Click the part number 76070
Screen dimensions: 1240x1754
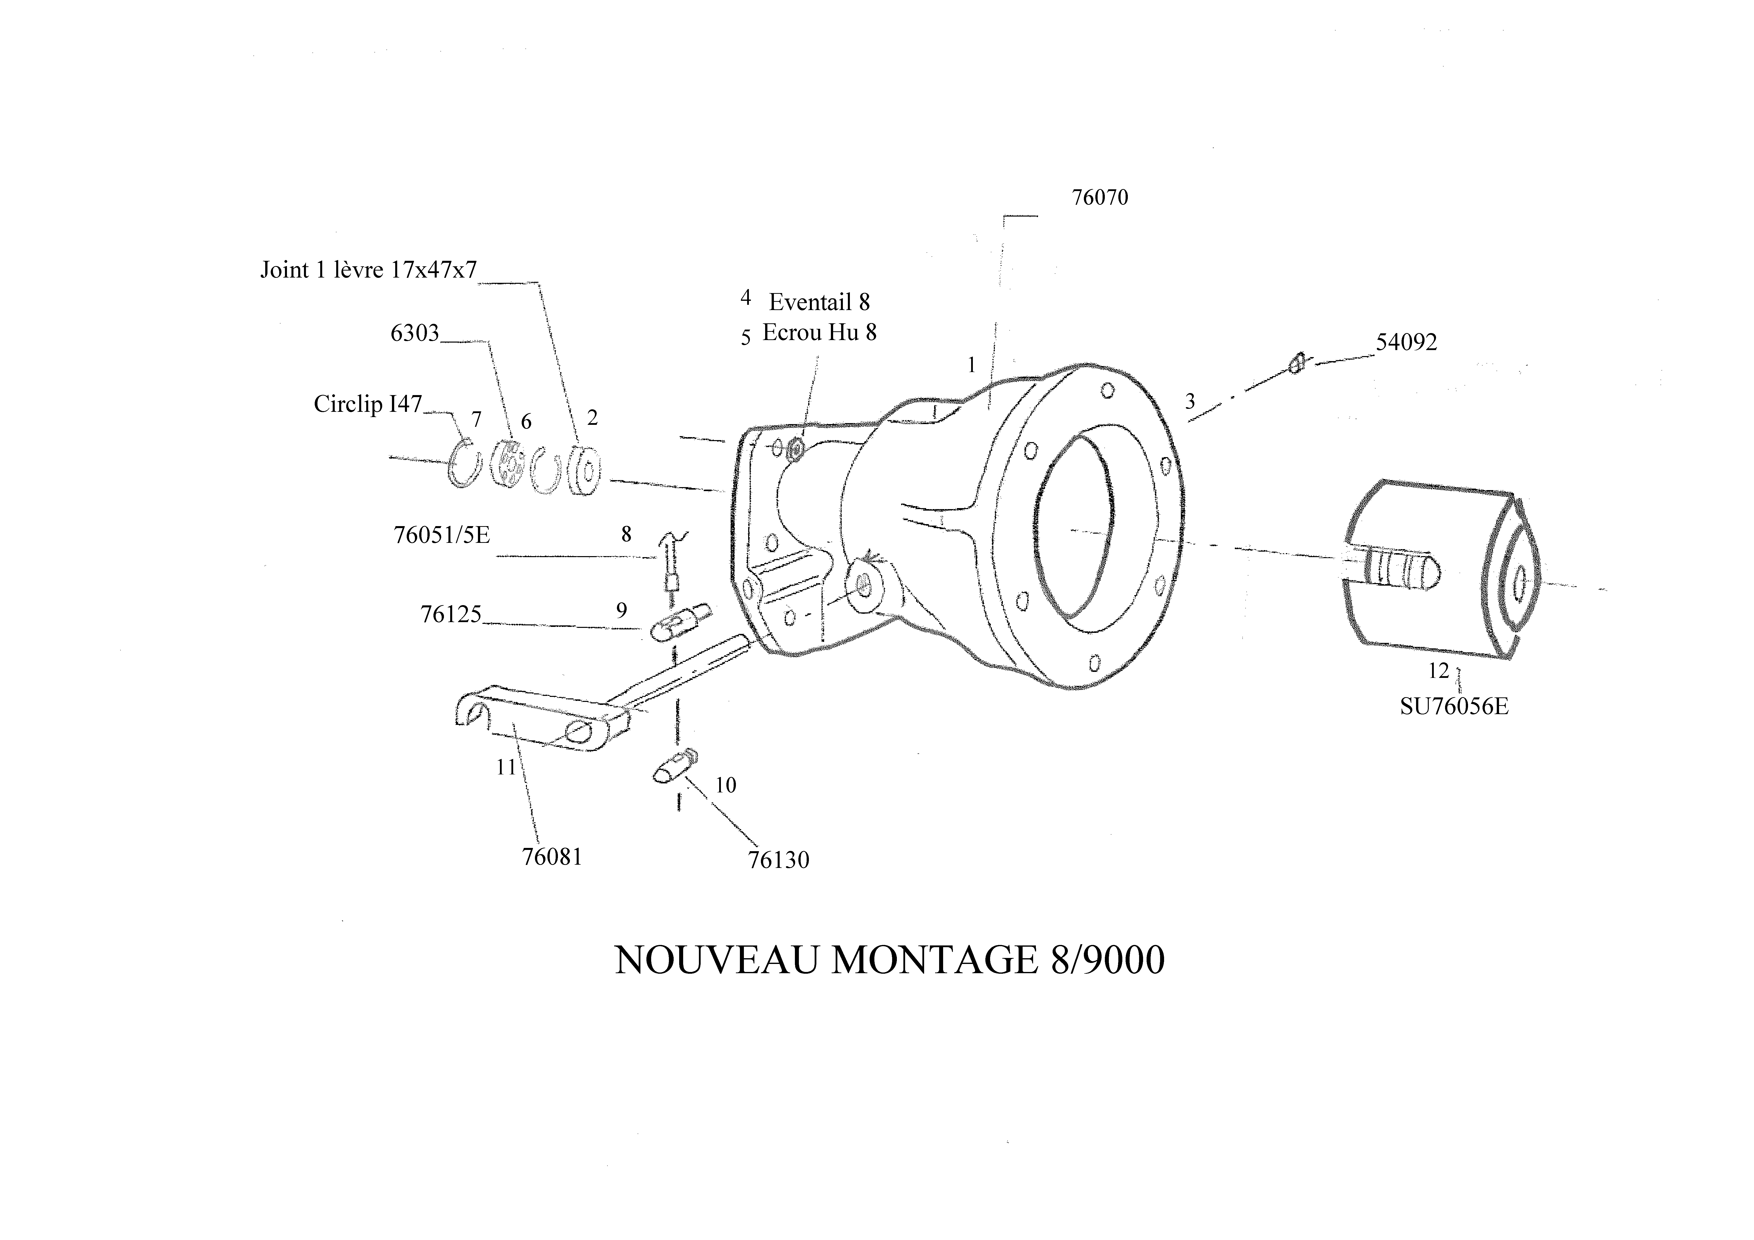pyautogui.click(x=1099, y=198)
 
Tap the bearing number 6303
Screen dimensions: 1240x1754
pyautogui.click(x=415, y=333)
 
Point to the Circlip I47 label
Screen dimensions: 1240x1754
pyautogui.click(x=367, y=404)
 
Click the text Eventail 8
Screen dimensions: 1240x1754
pyautogui.click(x=819, y=303)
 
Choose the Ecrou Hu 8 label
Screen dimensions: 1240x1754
pyautogui.click(x=819, y=333)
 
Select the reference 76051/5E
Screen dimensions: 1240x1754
pyautogui.click(x=441, y=535)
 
